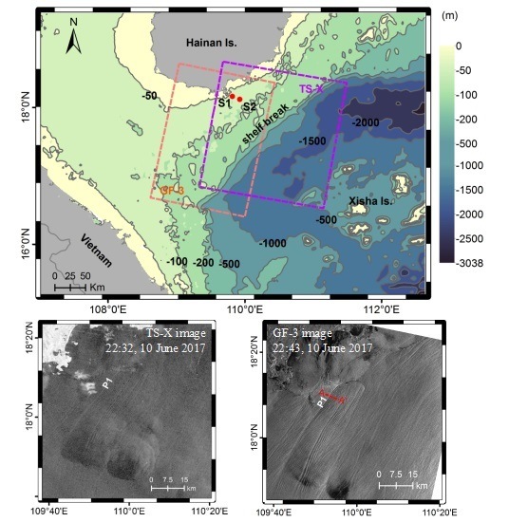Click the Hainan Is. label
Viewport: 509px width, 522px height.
pyautogui.click(x=211, y=45)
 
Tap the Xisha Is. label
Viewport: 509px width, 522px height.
pyautogui.click(x=374, y=202)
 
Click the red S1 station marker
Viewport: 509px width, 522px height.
pyautogui.click(x=232, y=96)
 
